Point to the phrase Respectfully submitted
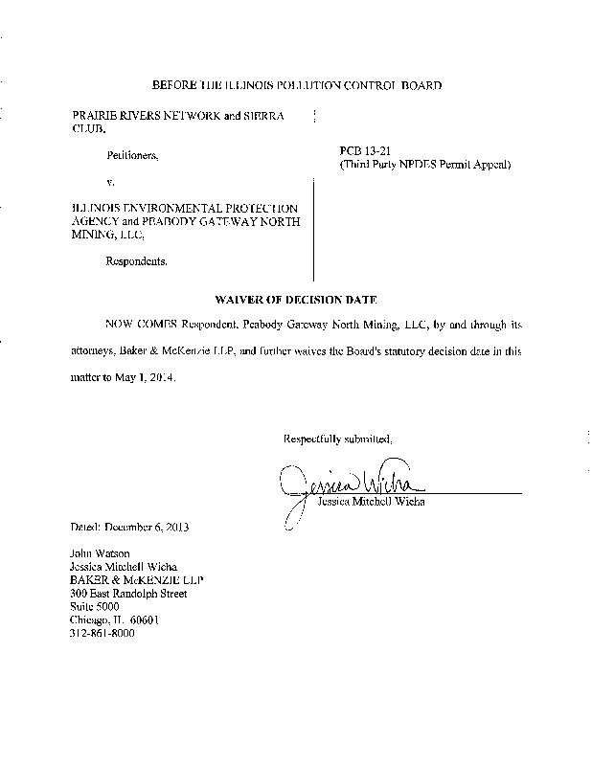pos(337,439)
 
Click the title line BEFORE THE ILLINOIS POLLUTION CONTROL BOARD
pos(296,86)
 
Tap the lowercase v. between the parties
pos(111,180)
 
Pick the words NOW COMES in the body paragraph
pos(142,326)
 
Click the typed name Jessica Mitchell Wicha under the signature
pos(370,501)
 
